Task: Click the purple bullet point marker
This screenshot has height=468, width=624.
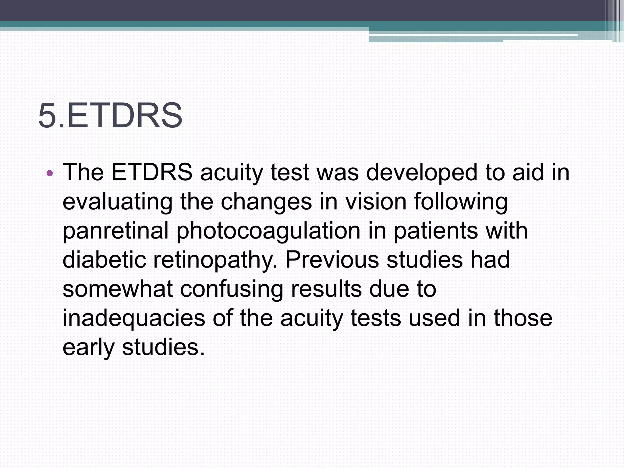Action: tap(50, 174)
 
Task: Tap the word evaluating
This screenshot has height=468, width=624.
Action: tap(117, 202)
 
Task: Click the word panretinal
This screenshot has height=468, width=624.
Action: tap(115, 231)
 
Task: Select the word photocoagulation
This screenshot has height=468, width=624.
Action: tap(268, 231)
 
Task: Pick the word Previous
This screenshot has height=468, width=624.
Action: tap(332, 260)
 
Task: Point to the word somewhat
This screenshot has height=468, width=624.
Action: tap(118, 289)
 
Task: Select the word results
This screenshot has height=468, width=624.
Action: tap(326, 289)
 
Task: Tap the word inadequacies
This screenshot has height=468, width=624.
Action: tap(134, 319)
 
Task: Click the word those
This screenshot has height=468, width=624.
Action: tap(523, 318)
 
